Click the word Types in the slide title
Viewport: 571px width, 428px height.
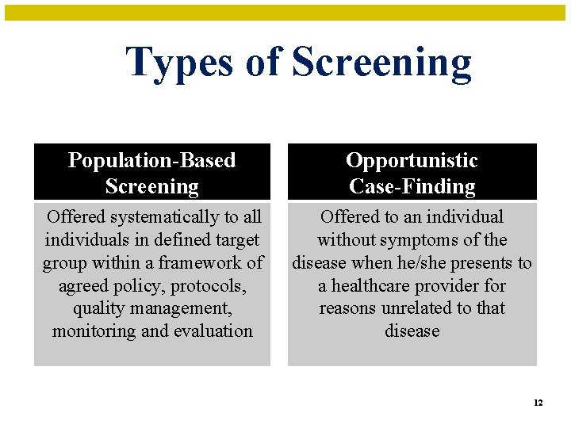(x=180, y=63)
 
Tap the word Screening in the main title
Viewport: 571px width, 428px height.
(x=381, y=63)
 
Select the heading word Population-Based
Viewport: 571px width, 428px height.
(x=151, y=160)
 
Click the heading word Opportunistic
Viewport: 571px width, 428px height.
(x=412, y=160)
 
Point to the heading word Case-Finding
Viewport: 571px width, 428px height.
(x=412, y=187)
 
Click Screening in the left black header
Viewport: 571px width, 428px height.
(x=151, y=187)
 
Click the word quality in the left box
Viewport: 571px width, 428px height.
(x=94, y=308)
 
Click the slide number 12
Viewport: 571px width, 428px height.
(x=538, y=403)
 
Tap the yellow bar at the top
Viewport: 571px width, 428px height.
(x=285, y=13)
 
